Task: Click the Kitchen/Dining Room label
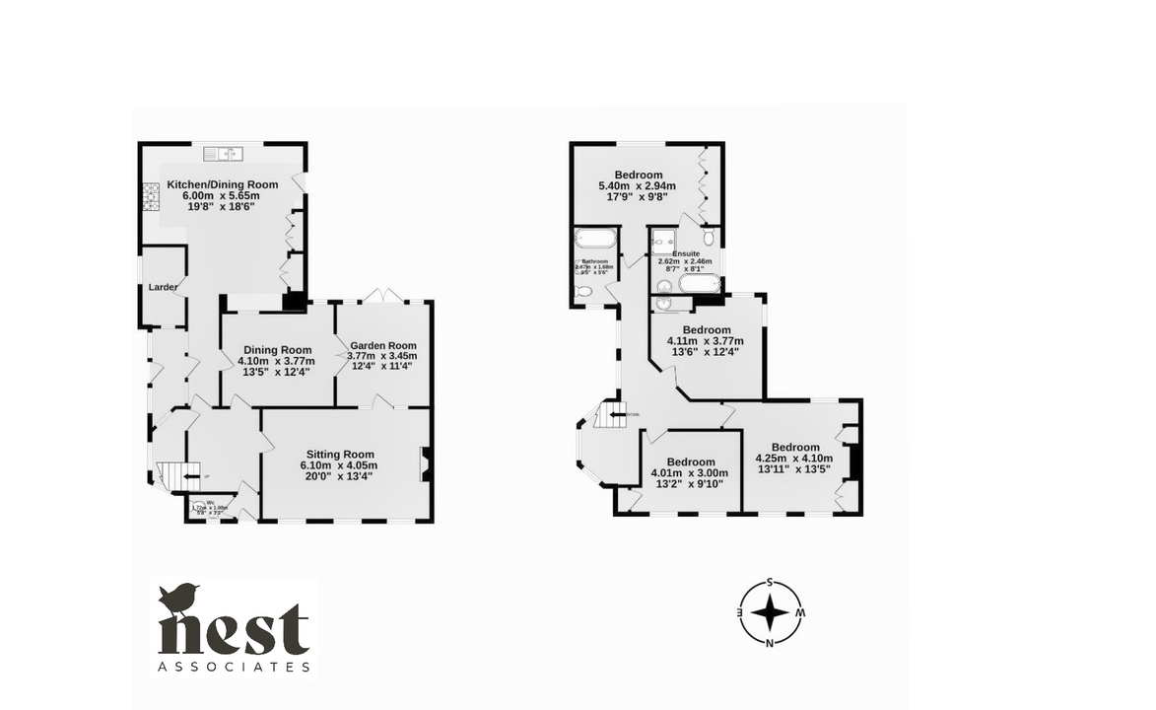[222, 184]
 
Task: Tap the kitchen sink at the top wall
[223, 153]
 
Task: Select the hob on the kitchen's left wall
[152, 198]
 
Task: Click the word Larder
[163, 287]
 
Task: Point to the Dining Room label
[277, 350]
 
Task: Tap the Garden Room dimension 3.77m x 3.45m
[382, 355]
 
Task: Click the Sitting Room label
[338, 455]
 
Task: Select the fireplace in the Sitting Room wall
[426, 463]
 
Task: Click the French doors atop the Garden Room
[381, 295]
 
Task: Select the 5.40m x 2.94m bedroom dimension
[638, 185]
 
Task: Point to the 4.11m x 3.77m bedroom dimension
[706, 341]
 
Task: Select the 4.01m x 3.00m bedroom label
[690, 461]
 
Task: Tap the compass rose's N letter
[769, 644]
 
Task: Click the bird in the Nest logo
[178, 598]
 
